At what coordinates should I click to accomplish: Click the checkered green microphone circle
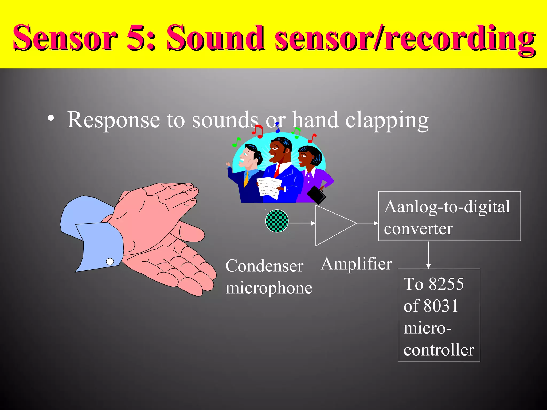click(x=277, y=221)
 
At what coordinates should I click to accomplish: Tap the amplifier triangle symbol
click(x=333, y=225)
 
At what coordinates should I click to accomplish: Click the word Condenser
click(x=264, y=266)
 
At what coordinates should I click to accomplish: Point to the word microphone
click(x=269, y=288)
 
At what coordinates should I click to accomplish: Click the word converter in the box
click(x=418, y=229)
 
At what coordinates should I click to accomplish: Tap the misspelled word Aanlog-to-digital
click(x=447, y=207)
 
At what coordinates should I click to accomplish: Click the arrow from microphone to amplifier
click(x=302, y=223)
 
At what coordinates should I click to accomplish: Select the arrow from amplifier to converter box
click(x=368, y=223)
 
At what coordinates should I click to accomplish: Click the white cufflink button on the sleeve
click(x=110, y=262)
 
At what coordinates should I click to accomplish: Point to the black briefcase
click(x=316, y=194)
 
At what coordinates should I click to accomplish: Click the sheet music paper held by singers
click(x=269, y=188)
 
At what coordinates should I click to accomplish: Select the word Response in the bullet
click(x=114, y=120)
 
